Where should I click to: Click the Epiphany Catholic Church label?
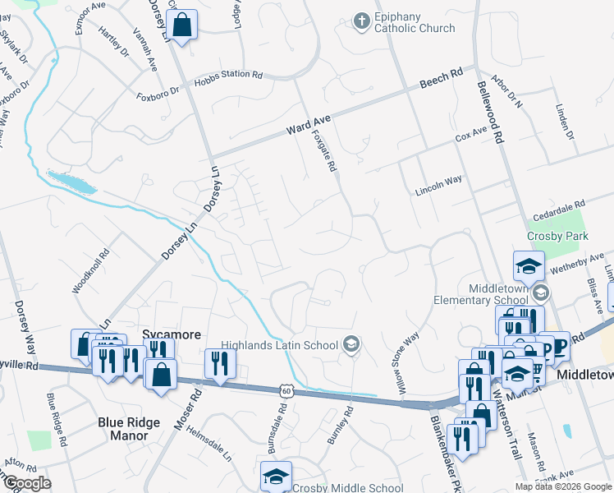414,23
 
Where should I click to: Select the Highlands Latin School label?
279,345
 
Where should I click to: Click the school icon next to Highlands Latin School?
351,343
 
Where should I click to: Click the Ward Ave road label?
306,127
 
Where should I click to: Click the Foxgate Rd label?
324,153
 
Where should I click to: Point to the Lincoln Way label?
438,182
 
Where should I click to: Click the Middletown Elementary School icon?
540,293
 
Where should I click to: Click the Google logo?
26,483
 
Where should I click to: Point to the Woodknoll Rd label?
90,272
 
